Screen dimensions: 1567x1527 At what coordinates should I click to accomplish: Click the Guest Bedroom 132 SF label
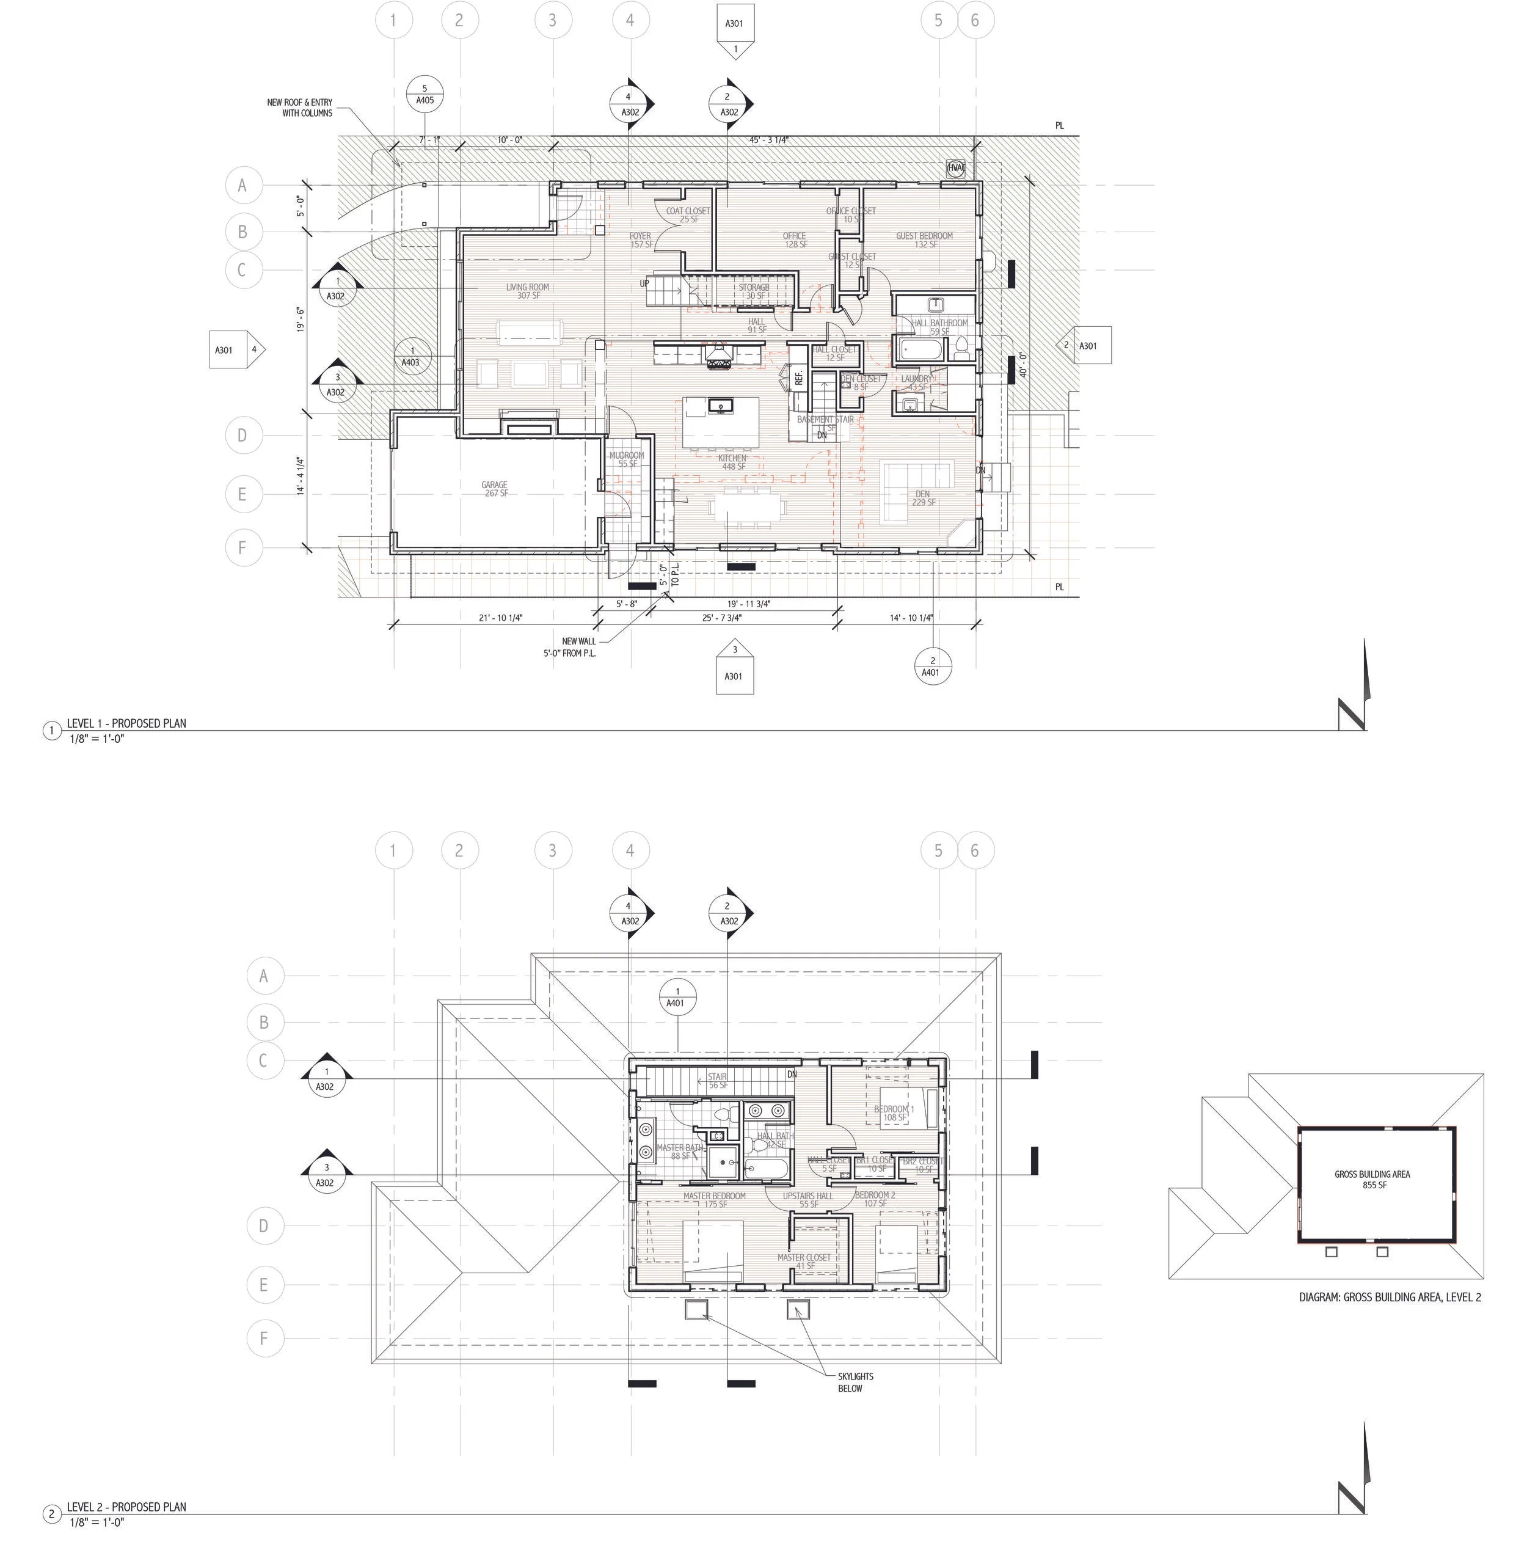[x=924, y=239]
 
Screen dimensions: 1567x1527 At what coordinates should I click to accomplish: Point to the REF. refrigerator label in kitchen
[x=799, y=378]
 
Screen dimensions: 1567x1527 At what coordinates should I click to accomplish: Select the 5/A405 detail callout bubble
[x=425, y=95]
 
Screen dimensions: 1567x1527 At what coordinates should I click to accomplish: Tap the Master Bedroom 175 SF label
[x=714, y=1200]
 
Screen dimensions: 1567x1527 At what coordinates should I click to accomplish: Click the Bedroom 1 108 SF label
[x=894, y=1113]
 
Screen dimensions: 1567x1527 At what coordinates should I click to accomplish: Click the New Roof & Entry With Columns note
[x=301, y=108]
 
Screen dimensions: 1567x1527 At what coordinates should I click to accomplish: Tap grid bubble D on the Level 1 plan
[x=241, y=436]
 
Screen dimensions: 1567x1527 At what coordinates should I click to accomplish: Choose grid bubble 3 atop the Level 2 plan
[x=552, y=850]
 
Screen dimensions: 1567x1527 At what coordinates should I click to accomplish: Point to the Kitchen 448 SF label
[x=732, y=462]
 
